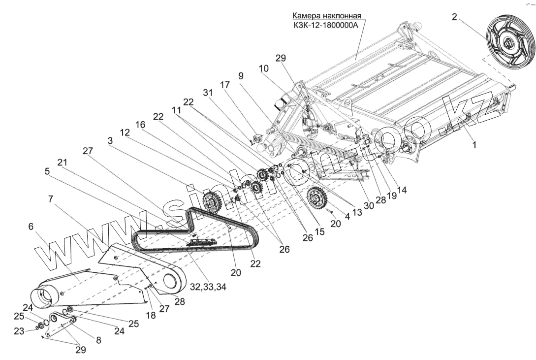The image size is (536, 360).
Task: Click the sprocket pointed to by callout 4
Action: tap(317, 199)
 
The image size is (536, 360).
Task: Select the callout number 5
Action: tap(47, 171)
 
